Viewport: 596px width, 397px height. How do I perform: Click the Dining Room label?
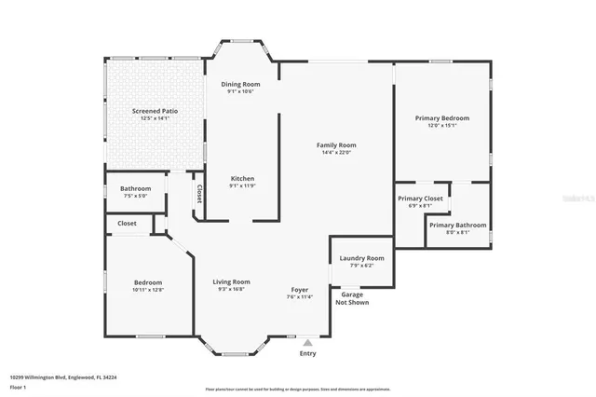tap(240, 85)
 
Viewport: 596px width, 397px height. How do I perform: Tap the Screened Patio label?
tap(155, 111)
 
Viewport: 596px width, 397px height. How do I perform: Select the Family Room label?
tap(336, 144)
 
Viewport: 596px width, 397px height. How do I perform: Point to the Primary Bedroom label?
tap(442, 118)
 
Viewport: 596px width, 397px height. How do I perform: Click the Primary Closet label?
tap(420, 198)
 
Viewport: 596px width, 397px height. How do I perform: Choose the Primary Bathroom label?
tap(457, 225)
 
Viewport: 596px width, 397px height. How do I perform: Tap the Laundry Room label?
tap(361, 258)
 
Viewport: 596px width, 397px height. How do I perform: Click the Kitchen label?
tap(242, 178)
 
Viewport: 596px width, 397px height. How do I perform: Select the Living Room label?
tap(232, 281)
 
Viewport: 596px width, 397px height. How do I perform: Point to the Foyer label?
tap(299, 289)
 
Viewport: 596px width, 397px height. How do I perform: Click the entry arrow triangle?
tap(307, 343)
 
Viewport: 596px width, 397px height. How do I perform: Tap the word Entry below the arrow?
tap(307, 354)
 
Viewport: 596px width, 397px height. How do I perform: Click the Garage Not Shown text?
tap(352, 299)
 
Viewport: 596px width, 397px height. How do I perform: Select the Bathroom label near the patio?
tap(135, 188)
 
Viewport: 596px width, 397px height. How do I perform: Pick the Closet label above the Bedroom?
tap(127, 224)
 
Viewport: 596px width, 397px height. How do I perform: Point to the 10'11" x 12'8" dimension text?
tap(147, 290)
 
